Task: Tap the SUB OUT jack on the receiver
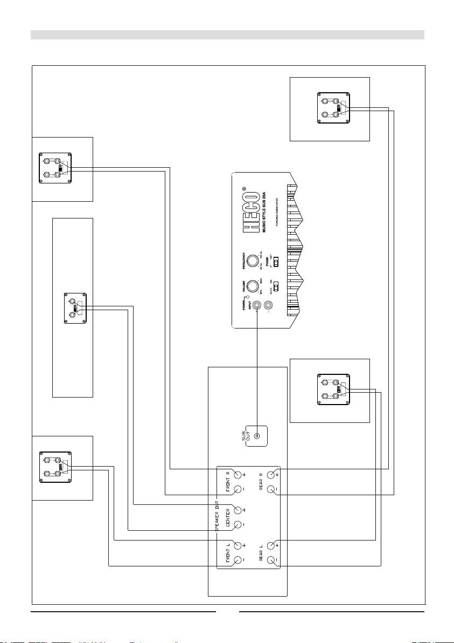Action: [x=257, y=436]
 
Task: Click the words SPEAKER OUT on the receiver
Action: [x=219, y=517]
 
